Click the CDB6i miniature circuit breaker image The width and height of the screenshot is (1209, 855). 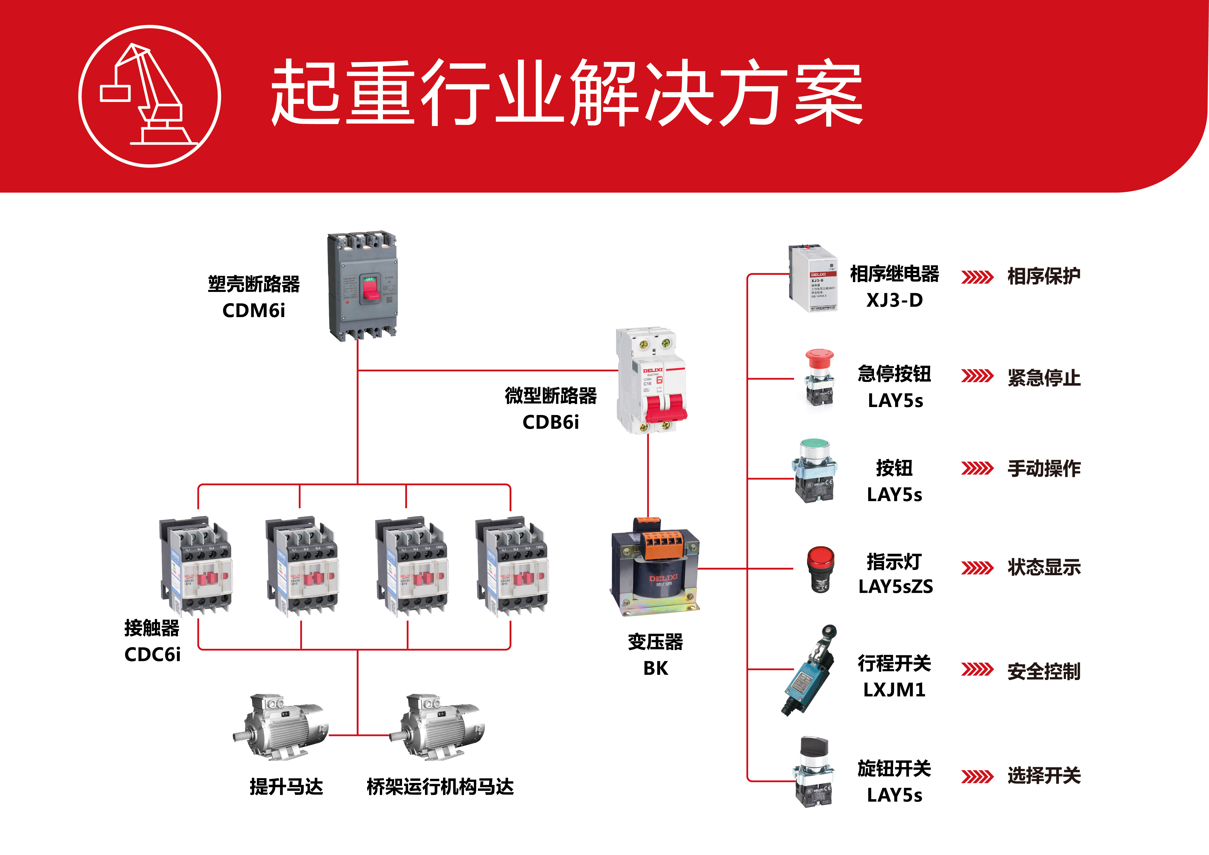652,380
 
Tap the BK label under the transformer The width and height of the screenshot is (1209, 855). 656,668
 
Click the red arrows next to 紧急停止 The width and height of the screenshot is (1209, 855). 977,376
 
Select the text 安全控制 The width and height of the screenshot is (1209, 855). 1044,671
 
